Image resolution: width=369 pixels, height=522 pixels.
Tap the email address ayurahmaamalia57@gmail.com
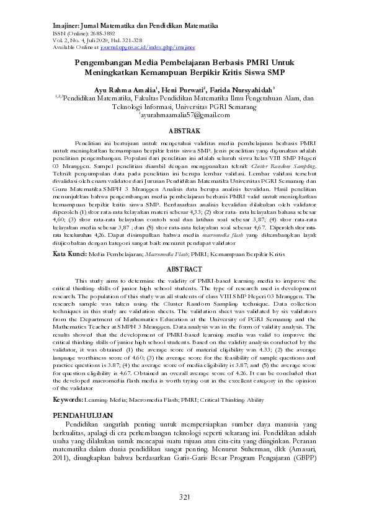pos(185,115)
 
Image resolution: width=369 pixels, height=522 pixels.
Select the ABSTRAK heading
pos(184,131)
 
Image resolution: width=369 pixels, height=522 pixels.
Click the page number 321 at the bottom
pos(184,497)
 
